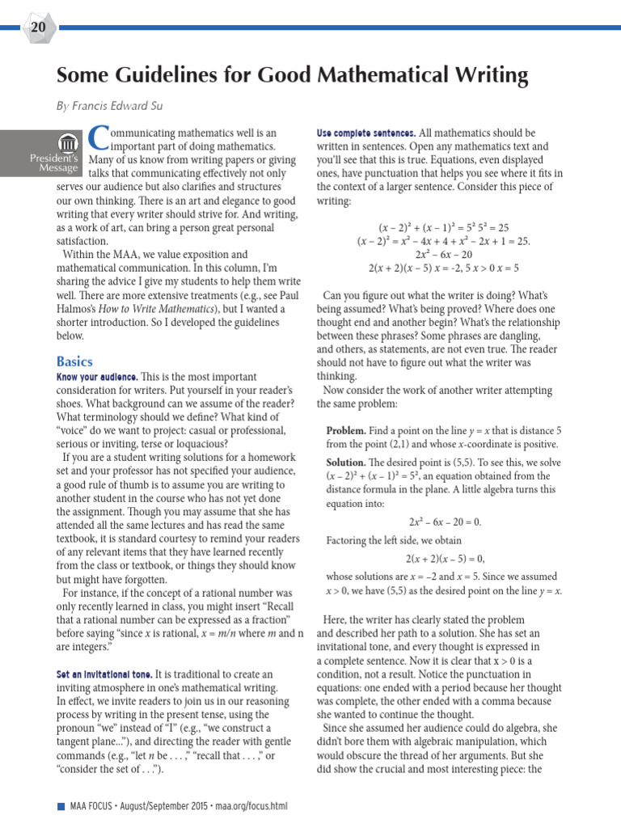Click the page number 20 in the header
38,27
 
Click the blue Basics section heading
74,361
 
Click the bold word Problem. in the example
346,430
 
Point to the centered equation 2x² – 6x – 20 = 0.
443,522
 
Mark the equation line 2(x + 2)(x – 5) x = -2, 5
443,268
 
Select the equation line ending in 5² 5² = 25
443,228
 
